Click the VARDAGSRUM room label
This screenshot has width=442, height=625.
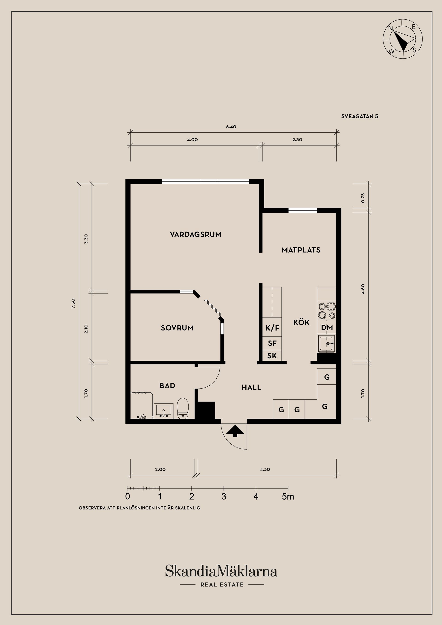coord(195,234)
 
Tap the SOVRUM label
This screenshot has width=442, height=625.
coord(177,328)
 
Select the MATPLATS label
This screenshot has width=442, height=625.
coord(301,250)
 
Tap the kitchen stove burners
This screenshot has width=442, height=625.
coord(326,311)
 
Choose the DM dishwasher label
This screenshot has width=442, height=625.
coord(327,328)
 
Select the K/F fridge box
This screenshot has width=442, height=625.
coord(272,328)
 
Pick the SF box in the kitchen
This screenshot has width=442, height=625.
coord(272,343)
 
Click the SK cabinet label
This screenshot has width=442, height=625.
coord(272,356)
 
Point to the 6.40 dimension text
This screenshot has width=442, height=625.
coord(231,127)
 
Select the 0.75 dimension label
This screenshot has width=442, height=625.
coord(363,198)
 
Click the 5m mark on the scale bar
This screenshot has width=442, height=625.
coord(288,497)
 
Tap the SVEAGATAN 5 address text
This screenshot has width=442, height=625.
coord(360,116)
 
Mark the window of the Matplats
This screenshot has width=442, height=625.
coord(302,210)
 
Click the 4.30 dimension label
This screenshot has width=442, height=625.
coord(265,469)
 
